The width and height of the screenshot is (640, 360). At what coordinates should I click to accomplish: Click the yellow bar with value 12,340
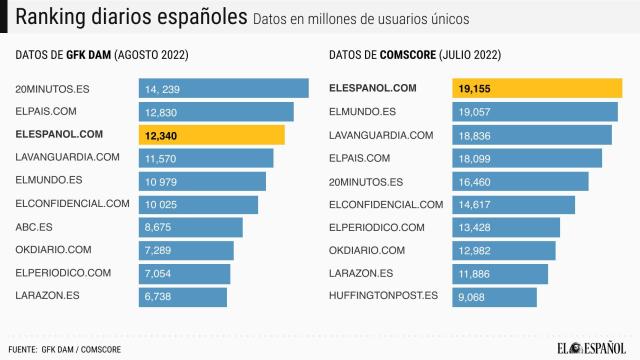211,135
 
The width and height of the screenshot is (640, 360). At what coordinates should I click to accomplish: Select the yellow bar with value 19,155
537,89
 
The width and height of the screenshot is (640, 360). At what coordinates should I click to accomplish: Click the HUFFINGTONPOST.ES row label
384,296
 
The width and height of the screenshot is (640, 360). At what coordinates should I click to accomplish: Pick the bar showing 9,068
494,296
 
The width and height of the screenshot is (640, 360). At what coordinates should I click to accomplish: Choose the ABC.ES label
35,227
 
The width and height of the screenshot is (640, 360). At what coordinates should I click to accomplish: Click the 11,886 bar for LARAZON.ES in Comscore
500,273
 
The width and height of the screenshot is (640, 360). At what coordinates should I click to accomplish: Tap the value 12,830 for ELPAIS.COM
161,112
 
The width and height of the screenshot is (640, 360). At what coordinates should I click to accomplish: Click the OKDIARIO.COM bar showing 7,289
186,250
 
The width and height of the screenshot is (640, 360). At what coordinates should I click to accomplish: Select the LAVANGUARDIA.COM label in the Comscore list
381,135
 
